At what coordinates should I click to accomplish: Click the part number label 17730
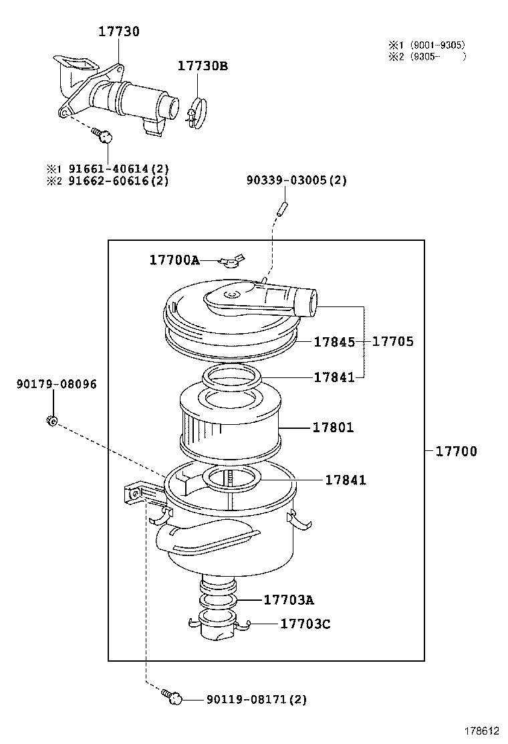(x=119, y=31)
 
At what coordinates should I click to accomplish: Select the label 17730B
(x=203, y=66)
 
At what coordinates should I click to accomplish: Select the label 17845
(x=334, y=342)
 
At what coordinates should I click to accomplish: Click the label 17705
(x=393, y=342)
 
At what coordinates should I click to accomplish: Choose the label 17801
(x=333, y=428)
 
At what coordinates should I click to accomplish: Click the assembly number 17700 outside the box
(x=457, y=452)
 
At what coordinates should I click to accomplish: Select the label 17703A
(x=289, y=599)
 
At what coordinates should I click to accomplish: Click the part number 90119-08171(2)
(x=257, y=699)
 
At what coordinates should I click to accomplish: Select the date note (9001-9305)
(x=438, y=45)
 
